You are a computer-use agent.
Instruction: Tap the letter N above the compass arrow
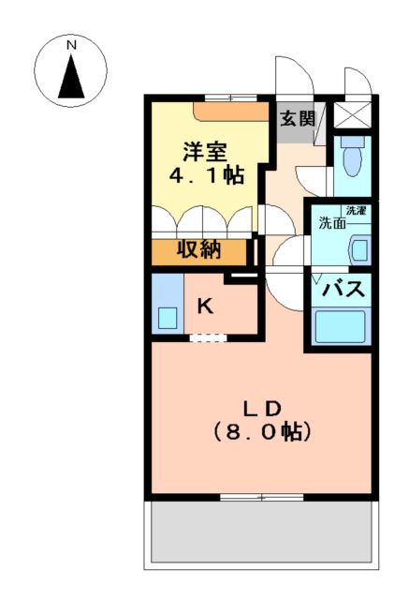[x=71, y=43]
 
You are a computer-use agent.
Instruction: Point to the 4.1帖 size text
[x=207, y=175]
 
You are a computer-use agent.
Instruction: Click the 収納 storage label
[x=200, y=250]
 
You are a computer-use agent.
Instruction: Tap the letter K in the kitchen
[x=206, y=305]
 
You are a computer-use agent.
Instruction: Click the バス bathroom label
[x=343, y=290]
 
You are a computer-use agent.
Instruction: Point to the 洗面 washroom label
[x=330, y=223]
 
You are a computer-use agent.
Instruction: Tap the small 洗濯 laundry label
[x=356, y=211]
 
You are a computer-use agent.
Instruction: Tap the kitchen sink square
[x=167, y=317]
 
